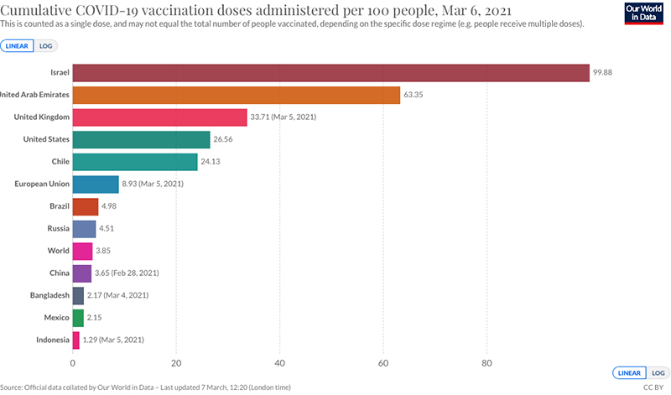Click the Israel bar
pyautogui.click(x=330, y=73)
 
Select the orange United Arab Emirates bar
pyautogui.click(x=237, y=95)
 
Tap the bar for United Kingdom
pyautogui.click(x=159, y=117)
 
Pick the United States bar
pyautogui.click(x=141, y=139)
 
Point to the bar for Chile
pyautogui.click(x=135, y=161)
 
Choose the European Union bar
pyautogui.click(x=96, y=184)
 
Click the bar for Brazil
pyautogui.click(x=86, y=206)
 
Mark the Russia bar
pyautogui.click(x=84, y=228)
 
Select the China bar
pyautogui.click(x=82, y=273)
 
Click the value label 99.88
pyautogui.click(x=604, y=73)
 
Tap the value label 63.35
pyautogui.click(x=414, y=95)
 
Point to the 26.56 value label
pyautogui.click(x=225, y=139)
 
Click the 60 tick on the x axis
pyautogui.click(x=383, y=363)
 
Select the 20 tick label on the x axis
pyautogui.click(x=176, y=363)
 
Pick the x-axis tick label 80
pyautogui.click(x=486, y=363)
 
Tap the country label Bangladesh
pyautogui.click(x=47, y=295)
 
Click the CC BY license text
pyautogui.click(x=653, y=387)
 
